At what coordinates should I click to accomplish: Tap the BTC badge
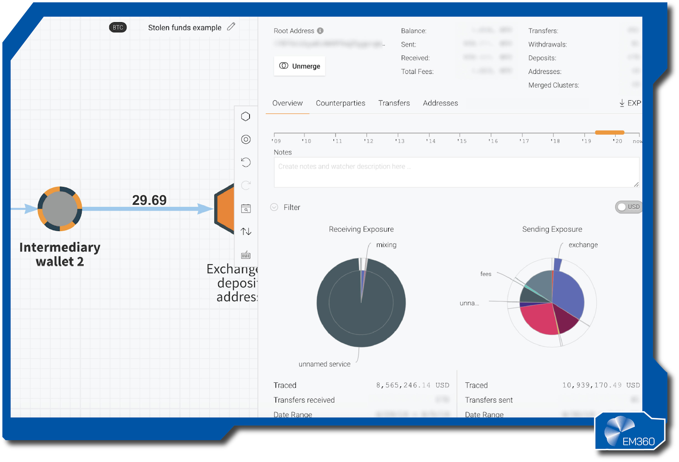(x=118, y=28)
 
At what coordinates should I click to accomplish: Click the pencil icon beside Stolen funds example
(x=231, y=27)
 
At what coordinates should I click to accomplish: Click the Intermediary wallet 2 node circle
(x=60, y=209)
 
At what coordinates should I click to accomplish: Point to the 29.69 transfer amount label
(x=149, y=200)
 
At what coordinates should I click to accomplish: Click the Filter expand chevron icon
(x=274, y=207)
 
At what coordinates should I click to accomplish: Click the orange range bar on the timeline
(x=609, y=132)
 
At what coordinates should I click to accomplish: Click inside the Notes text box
(x=456, y=172)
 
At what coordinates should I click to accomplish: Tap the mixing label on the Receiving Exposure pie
(x=386, y=245)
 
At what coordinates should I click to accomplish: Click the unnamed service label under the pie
(x=324, y=364)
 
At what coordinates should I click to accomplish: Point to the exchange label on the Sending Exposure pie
(x=583, y=245)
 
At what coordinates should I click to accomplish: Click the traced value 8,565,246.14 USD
(x=413, y=385)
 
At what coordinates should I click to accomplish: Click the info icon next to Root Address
(x=320, y=31)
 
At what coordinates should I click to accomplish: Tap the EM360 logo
(x=630, y=431)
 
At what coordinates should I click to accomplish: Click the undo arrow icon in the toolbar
(x=246, y=162)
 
